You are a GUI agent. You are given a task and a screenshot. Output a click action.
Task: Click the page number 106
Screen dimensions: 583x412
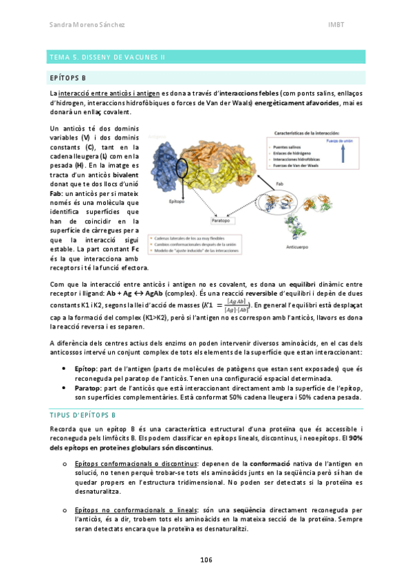tap(206, 560)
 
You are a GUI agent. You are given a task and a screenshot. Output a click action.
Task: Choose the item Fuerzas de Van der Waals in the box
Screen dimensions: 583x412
tap(297, 165)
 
